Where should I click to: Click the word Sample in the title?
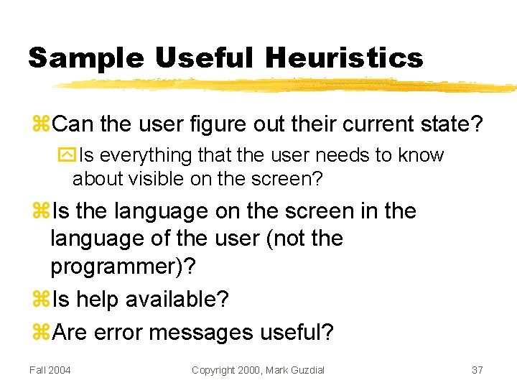point(86,57)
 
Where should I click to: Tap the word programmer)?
point(122,266)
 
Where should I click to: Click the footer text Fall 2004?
point(50,369)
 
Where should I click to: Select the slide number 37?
point(477,369)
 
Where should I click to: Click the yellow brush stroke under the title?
point(287,85)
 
